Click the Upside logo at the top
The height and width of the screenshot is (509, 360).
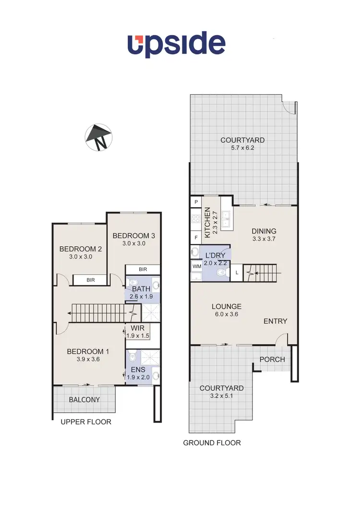coord(176,45)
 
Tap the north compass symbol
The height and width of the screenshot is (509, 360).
coord(98,138)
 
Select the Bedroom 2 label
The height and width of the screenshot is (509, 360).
coord(81,249)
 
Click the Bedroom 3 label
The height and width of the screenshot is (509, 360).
coord(134,236)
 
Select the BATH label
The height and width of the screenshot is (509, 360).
coord(141,289)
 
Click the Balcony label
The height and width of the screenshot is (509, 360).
coord(84,400)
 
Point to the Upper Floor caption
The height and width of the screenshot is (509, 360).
coord(85,422)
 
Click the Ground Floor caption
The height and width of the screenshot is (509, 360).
coord(212,443)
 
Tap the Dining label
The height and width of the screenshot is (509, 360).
coord(264,231)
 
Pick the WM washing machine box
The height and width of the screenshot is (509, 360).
coord(196,265)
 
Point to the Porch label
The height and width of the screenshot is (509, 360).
coord(272,359)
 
